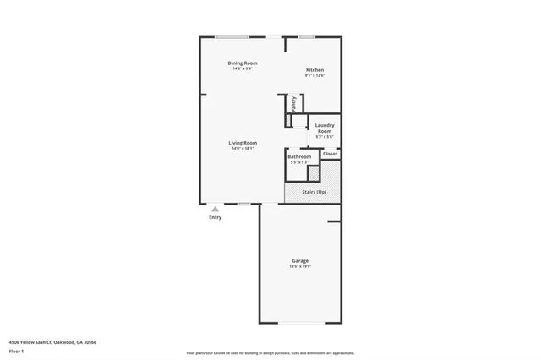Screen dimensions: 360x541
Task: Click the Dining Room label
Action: (x=243, y=63)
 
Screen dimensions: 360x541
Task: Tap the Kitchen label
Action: (x=314, y=69)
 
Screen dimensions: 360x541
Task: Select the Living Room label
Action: (x=243, y=143)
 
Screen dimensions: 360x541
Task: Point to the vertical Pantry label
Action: (x=293, y=103)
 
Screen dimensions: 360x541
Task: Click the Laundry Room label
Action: (x=325, y=128)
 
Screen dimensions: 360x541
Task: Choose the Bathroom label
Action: (x=299, y=156)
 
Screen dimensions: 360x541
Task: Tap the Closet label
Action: (x=331, y=154)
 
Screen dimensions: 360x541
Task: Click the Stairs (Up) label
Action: (x=314, y=192)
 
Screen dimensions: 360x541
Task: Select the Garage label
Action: (x=301, y=260)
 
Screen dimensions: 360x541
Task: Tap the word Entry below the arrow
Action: (x=216, y=218)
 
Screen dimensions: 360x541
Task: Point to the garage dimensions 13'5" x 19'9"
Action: (x=301, y=266)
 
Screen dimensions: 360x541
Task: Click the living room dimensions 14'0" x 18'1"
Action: (x=243, y=149)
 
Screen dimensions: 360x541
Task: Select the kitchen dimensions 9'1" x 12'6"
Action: (x=314, y=75)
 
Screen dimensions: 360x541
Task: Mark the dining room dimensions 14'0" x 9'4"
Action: (x=243, y=69)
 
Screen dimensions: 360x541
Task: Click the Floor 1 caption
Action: (x=16, y=350)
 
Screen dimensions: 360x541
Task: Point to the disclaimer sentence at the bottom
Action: (x=270, y=352)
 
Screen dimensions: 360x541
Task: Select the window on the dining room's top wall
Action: (x=231, y=36)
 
